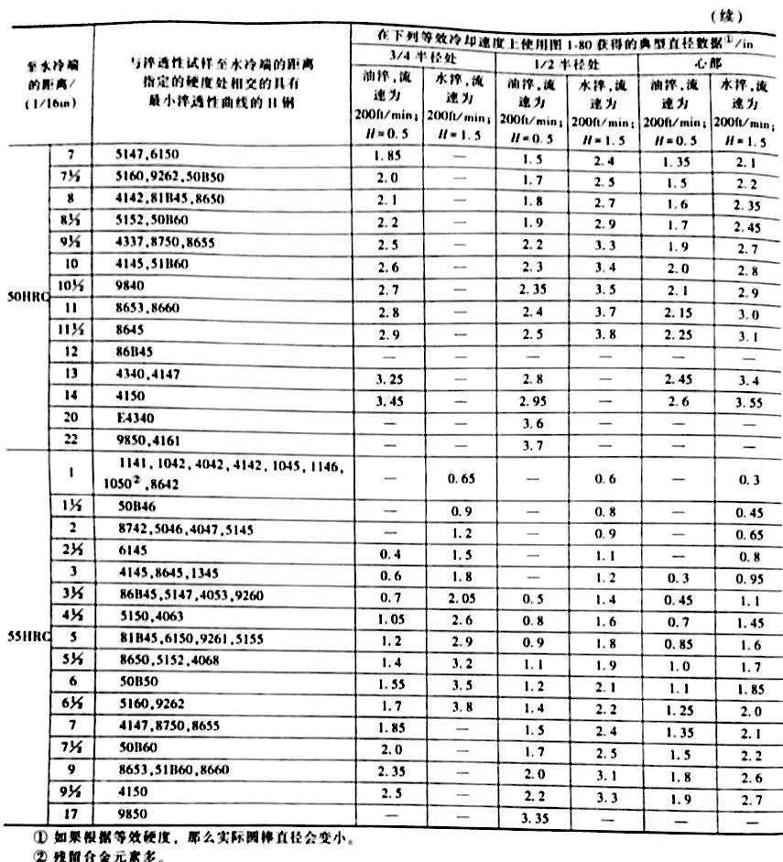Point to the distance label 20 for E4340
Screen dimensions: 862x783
(71, 417)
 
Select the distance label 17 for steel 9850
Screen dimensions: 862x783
(71, 813)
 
